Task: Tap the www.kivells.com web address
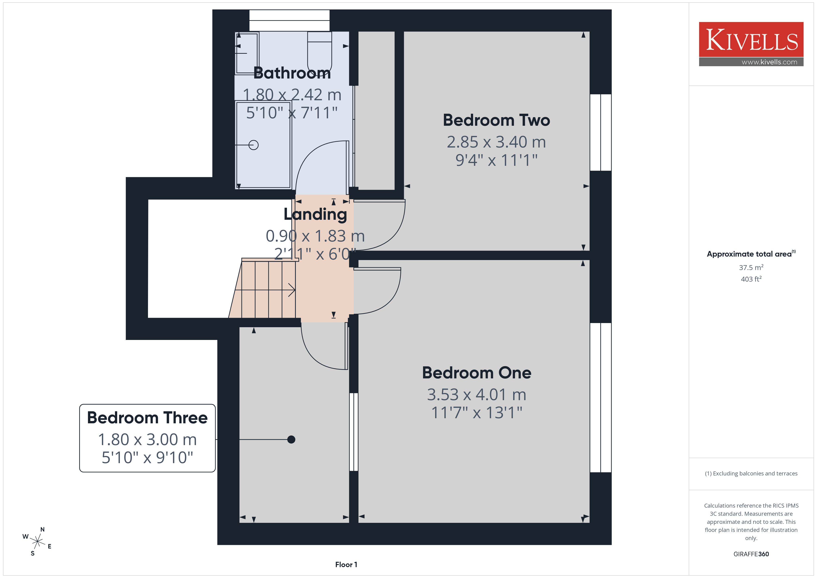tap(769, 62)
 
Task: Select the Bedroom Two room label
tap(496, 120)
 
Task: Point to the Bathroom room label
tap(292, 73)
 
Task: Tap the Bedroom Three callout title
tap(147, 418)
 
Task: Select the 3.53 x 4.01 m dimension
tap(477, 394)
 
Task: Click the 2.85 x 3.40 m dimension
tap(496, 142)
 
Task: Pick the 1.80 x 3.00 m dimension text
tap(147, 440)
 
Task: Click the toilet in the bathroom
tap(320, 53)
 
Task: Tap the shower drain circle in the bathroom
tap(253, 145)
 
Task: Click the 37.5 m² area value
tap(751, 267)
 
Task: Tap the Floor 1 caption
tap(346, 565)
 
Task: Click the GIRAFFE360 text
tap(751, 554)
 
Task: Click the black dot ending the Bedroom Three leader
tap(291, 440)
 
